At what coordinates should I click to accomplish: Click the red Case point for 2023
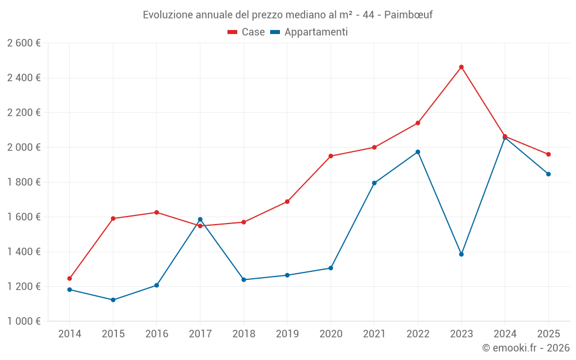pos(461,67)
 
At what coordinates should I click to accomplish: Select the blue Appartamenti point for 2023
pos(461,254)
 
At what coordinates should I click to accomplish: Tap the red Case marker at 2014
pos(70,278)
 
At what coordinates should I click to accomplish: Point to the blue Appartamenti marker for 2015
pos(113,300)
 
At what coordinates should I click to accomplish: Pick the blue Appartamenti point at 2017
pos(200,219)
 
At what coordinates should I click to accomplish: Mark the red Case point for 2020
pos(331,156)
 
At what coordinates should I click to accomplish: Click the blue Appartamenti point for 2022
pos(418,152)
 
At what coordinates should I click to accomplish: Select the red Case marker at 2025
pos(548,154)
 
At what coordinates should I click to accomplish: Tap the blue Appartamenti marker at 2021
pos(374,183)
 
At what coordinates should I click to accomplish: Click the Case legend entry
pos(247,32)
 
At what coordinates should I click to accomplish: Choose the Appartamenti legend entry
pos(309,32)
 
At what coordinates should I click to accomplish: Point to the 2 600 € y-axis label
pos(24,43)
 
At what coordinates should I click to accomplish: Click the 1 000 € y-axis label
pos(24,321)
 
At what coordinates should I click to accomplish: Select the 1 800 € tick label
pos(24,182)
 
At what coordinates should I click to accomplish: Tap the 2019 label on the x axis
pos(287,334)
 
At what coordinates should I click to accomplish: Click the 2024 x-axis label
pos(505,334)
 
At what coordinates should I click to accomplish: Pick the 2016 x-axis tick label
pos(157,334)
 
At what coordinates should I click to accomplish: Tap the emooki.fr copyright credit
pos(525,348)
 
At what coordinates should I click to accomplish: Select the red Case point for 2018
pos(244,222)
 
